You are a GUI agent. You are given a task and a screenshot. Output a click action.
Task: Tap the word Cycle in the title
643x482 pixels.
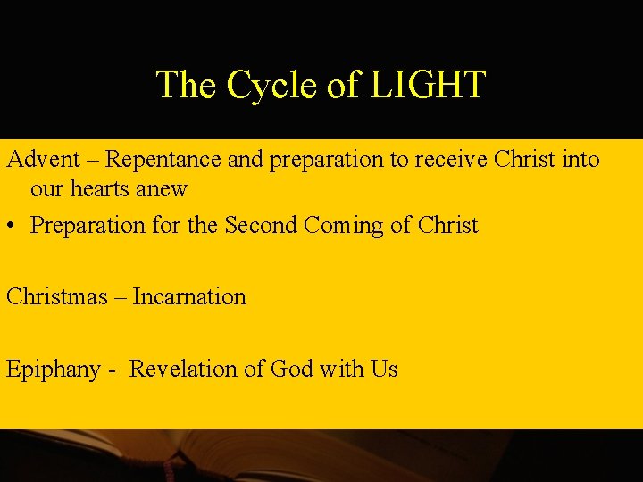pos(272,85)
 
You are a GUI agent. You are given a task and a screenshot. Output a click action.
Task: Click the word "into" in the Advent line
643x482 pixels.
pos(581,160)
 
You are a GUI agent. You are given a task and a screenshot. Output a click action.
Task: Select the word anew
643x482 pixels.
pos(163,188)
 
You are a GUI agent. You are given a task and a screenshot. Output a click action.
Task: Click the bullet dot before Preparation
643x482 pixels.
pos(12,226)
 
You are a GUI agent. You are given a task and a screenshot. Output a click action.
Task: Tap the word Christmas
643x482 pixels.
pos(56,296)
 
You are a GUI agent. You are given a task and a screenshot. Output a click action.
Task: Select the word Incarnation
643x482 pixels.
pos(189,296)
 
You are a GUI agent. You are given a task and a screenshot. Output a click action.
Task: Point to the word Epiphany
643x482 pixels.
pos(53,370)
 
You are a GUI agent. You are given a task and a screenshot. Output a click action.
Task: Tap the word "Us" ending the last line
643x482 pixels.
pos(384,369)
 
